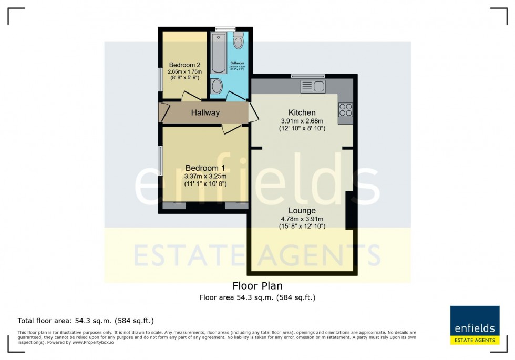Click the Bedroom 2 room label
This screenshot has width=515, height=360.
pyautogui.click(x=181, y=65)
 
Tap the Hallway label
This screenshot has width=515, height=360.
pyautogui.click(x=205, y=112)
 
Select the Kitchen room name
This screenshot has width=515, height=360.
pyautogui.click(x=302, y=112)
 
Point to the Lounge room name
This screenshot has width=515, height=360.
pyautogui.click(x=302, y=210)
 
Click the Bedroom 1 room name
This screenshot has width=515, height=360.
pyautogui.click(x=205, y=168)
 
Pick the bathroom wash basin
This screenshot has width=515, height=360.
pyautogui.click(x=217, y=86)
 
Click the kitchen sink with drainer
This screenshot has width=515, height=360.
pyautogui.click(x=313, y=86)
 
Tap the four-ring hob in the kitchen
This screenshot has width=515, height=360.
pyautogui.click(x=345, y=109)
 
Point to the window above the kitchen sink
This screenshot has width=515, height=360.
pyautogui.click(x=308, y=76)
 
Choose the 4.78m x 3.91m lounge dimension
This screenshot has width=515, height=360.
pyautogui.click(x=302, y=219)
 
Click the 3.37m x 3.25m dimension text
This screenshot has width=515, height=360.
pyautogui.click(x=205, y=176)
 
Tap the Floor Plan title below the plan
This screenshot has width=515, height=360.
pyautogui.click(x=257, y=286)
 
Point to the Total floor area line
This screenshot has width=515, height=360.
pyautogui.click(x=86, y=320)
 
